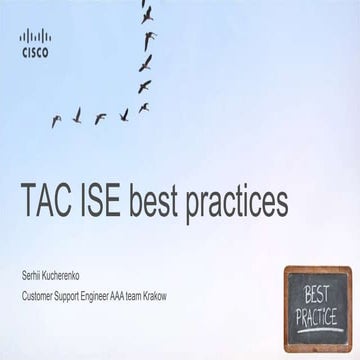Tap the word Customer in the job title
click(x=40, y=295)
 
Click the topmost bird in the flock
click(x=147, y=14)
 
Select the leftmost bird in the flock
click(x=56, y=120)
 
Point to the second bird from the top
click(x=149, y=40)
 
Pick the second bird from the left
click(x=77, y=117)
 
